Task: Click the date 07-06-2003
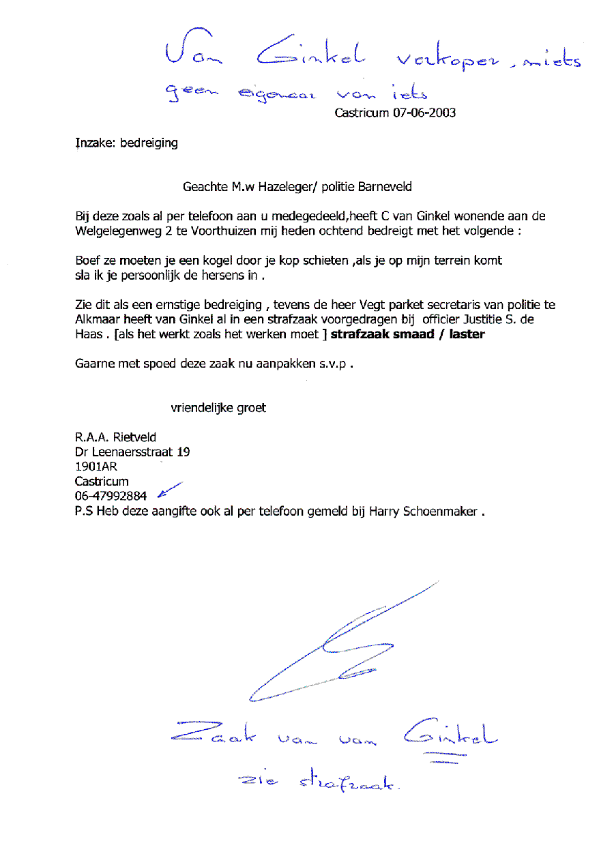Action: coord(424,113)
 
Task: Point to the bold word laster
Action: coord(467,334)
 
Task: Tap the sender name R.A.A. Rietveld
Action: coord(115,437)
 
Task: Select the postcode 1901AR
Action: coord(96,467)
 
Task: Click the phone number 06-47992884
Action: coord(111,496)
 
